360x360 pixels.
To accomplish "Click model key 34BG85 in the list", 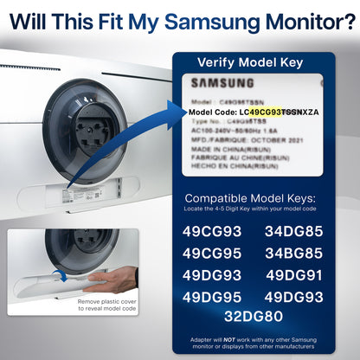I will point(292,253).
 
